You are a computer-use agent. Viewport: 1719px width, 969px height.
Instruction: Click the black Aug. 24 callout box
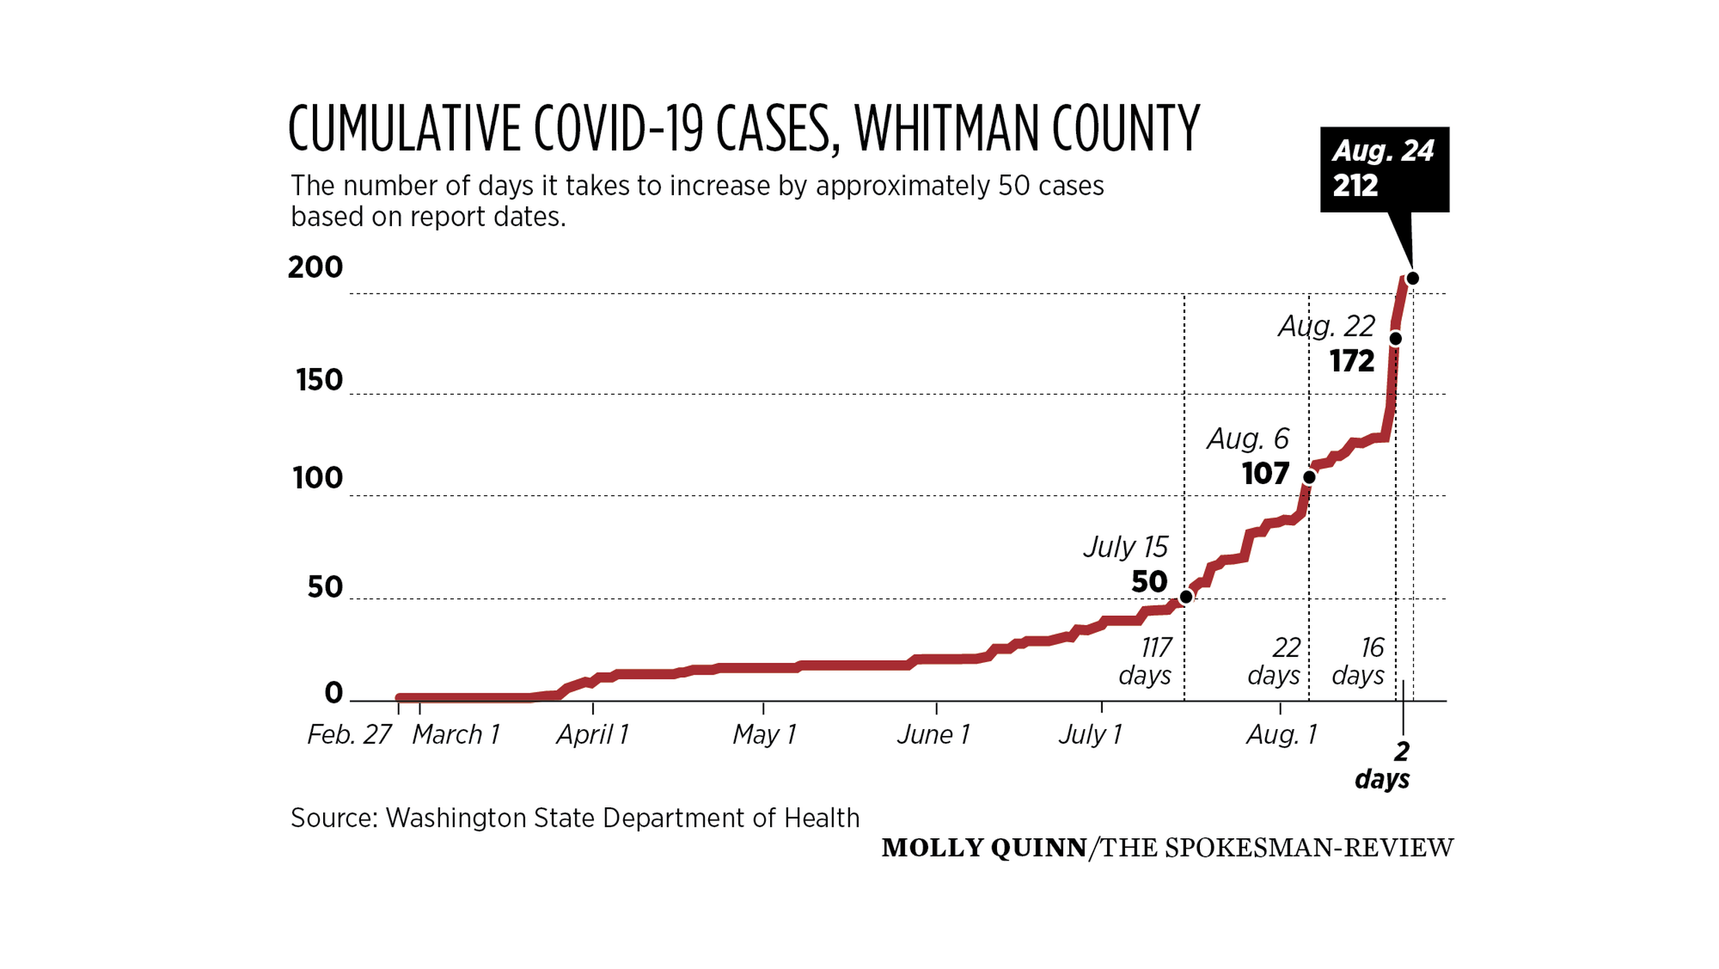point(1383,169)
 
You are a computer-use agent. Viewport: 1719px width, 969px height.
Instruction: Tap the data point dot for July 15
point(1186,596)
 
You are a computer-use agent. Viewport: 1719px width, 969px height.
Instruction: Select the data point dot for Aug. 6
point(1309,477)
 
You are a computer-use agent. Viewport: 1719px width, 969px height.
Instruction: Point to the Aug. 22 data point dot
point(1395,338)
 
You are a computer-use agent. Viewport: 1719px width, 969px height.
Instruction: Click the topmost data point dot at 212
point(1412,279)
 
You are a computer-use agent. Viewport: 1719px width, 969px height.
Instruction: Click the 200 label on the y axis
point(315,268)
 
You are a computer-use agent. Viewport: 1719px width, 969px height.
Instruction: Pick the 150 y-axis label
point(319,380)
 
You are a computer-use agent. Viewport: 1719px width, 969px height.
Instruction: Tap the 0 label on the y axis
point(333,693)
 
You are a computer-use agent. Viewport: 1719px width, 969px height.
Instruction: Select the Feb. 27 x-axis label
point(349,735)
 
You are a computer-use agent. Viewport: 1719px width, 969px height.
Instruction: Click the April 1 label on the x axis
point(593,735)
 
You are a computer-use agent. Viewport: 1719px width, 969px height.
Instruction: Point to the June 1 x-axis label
point(933,735)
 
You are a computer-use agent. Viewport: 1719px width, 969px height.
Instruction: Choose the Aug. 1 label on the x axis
point(1281,735)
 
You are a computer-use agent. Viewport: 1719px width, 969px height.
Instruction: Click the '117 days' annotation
point(1146,662)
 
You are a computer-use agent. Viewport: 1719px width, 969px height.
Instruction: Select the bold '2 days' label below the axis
point(1383,765)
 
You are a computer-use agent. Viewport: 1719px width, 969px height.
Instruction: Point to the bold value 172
point(1352,361)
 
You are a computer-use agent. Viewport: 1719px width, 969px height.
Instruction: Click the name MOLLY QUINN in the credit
point(984,848)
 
